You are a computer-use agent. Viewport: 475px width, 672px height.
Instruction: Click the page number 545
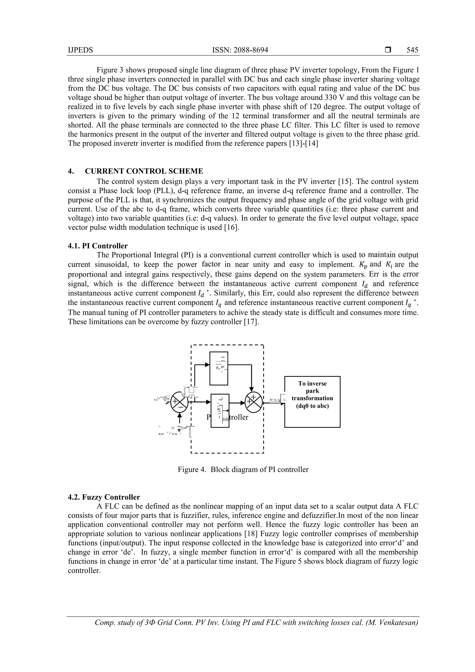[412, 50]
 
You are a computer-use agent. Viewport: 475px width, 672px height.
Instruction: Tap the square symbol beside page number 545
[388, 50]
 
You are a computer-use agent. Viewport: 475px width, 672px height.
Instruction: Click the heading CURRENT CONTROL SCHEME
[144, 171]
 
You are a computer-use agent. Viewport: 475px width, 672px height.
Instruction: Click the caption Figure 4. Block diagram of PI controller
[243, 469]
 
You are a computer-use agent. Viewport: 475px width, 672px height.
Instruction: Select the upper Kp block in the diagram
[219, 368]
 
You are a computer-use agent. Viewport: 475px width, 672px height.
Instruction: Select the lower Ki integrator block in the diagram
[220, 411]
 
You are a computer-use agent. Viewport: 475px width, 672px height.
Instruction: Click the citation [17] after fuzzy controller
[252, 322]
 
